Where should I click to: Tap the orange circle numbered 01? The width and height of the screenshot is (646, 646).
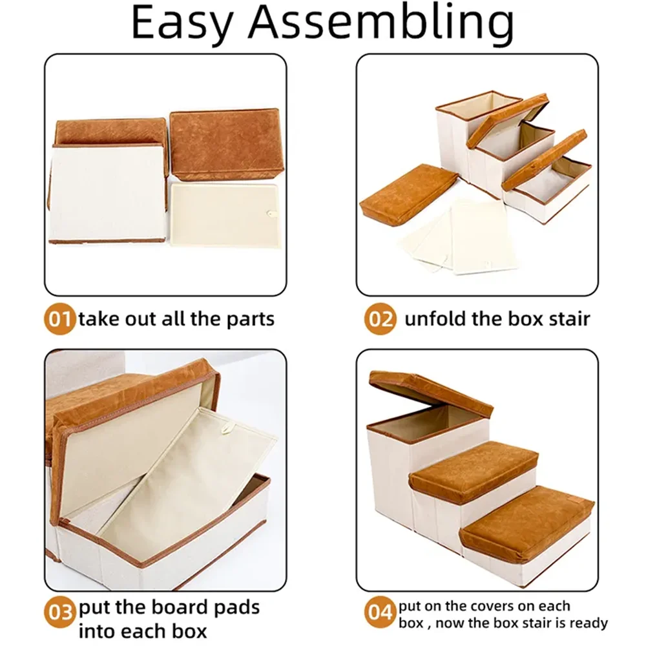point(59,319)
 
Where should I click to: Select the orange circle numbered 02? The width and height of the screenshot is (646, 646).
point(380,319)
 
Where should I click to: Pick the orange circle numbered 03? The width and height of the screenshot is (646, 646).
point(59,612)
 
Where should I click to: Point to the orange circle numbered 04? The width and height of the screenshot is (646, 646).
point(380,612)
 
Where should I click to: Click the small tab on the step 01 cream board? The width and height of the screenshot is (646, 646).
point(271,213)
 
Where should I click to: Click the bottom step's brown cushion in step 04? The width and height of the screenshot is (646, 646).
point(526,519)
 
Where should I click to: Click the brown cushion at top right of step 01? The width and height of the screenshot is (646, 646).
point(225,145)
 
